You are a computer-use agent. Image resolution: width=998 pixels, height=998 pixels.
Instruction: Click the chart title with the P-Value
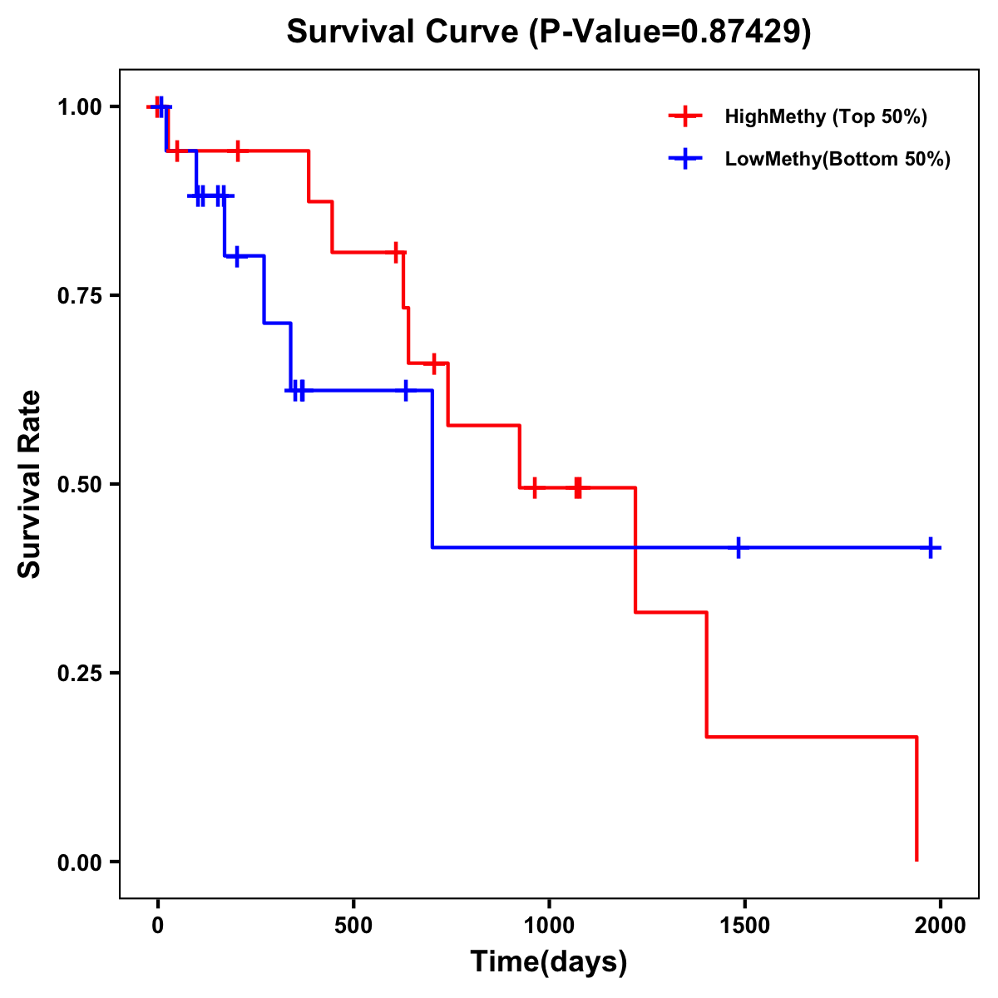548,32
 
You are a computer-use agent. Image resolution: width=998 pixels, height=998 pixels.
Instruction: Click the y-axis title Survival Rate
30,484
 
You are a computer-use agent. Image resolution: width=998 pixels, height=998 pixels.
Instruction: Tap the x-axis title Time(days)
549,961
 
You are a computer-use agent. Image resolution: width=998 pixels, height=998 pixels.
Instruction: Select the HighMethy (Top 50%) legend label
826,116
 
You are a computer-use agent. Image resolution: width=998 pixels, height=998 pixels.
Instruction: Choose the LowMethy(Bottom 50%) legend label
837,160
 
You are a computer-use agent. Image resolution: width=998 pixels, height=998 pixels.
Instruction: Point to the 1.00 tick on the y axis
79,107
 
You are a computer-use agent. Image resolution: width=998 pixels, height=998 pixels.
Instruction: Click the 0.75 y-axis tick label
79,296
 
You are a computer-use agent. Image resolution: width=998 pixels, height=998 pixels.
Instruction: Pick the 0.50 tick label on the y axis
79,485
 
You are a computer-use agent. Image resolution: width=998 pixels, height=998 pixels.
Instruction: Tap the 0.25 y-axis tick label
79,674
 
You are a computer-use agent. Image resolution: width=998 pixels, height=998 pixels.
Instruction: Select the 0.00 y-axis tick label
79,862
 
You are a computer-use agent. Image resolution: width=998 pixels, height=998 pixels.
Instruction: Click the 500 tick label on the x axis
353,925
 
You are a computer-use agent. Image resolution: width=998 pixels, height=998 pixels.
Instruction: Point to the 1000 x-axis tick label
549,925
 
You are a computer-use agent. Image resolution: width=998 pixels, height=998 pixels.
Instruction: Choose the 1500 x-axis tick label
744,925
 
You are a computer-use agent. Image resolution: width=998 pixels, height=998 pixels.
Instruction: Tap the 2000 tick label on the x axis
940,925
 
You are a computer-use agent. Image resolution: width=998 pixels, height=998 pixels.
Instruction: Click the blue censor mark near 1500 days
738,547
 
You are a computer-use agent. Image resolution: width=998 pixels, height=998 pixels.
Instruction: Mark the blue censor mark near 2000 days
931,547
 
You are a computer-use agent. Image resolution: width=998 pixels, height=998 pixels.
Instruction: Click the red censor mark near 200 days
238,151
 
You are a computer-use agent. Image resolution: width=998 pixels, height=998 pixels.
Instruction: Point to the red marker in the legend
685,116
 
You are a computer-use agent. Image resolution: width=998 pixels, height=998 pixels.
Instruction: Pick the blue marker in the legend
685,160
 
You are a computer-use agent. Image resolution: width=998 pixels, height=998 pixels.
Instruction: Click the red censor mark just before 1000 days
534,487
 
